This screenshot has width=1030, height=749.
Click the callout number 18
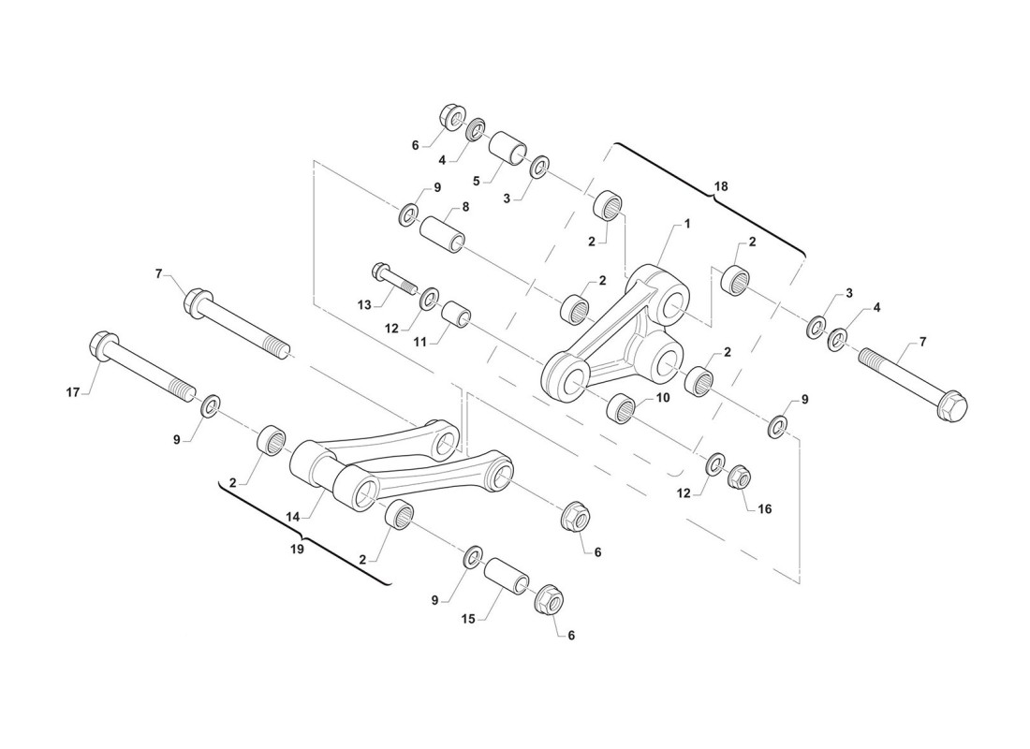(x=720, y=186)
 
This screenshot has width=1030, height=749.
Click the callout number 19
(x=298, y=550)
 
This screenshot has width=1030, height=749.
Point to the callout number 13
(x=364, y=304)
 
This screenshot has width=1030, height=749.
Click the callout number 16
(x=764, y=508)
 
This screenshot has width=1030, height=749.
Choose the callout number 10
(x=662, y=397)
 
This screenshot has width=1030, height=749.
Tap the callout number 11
(x=420, y=342)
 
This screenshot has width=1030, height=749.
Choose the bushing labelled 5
(x=510, y=148)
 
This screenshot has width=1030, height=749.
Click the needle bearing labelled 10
(x=623, y=408)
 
